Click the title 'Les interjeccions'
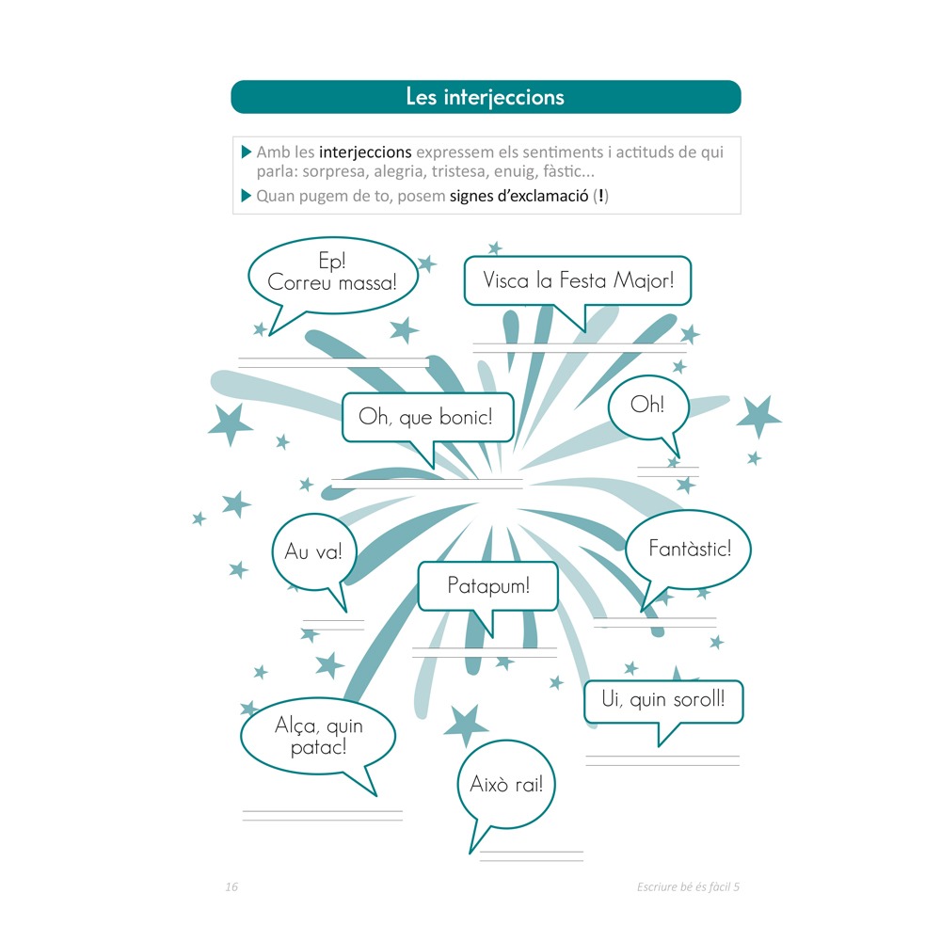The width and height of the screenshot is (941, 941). [485, 97]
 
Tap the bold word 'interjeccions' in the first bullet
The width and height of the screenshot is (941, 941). [365, 152]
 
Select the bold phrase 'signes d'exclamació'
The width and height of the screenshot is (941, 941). [519, 197]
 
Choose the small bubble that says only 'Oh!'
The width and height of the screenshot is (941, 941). [648, 408]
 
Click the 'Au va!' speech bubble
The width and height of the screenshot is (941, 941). [314, 552]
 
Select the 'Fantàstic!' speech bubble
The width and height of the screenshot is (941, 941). [689, 550]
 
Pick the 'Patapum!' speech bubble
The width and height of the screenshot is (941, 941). [487, 587]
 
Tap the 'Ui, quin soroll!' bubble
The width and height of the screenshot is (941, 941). [663, 701]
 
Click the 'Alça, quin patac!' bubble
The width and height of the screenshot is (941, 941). [318, 737]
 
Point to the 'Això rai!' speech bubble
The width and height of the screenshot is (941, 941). [506, 785]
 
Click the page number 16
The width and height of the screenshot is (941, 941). [231, 886]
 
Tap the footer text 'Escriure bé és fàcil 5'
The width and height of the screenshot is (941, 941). [689, 886]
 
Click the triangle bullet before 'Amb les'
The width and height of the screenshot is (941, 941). [246, 152]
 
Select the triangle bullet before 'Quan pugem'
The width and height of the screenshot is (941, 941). [246, 196]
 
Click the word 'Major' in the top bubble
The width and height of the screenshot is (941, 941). [644, 280]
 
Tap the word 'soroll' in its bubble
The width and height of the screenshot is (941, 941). [699, 699]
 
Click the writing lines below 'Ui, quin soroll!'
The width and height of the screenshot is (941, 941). [662, 761]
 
